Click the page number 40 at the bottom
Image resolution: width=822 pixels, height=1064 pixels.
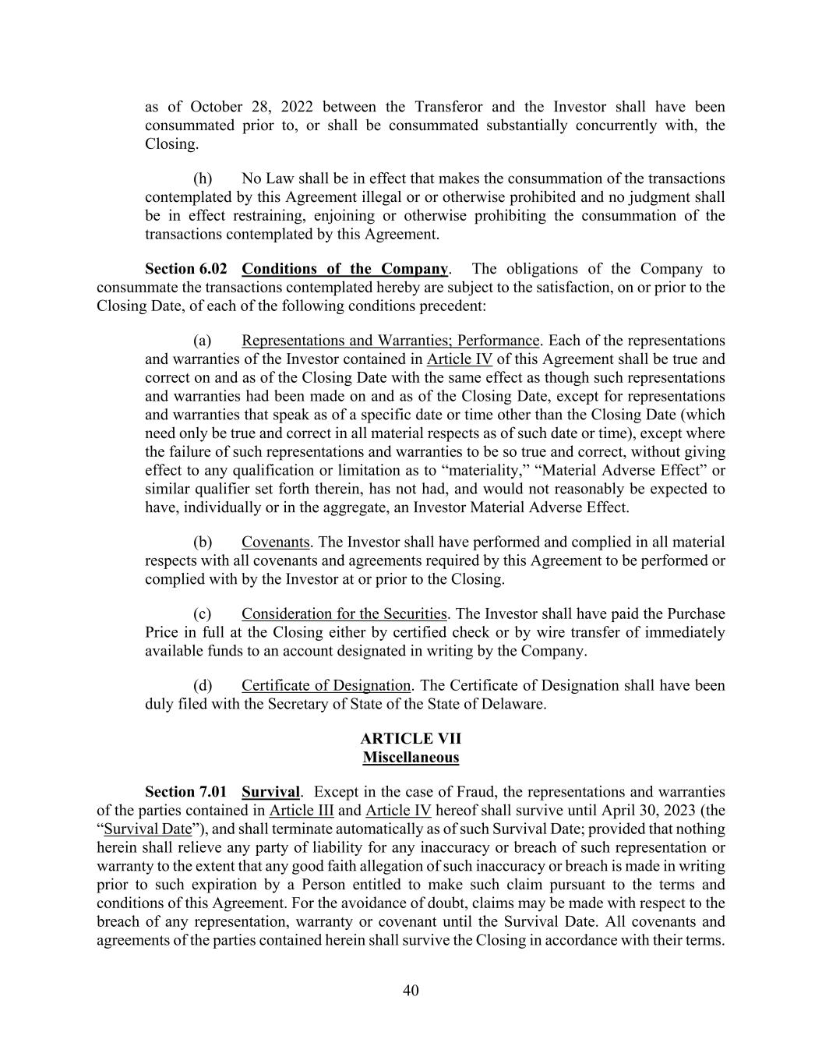(x=411, y=991)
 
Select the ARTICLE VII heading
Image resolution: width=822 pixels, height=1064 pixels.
(x=411, y=738)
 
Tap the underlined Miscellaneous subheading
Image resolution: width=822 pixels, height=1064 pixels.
(x=411, y=757)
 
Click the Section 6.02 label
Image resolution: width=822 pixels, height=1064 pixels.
(x=185, y=269)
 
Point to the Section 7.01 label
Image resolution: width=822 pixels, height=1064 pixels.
(x=185, y=792)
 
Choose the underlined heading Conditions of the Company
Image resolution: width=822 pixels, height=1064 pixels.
(x=344, y=269)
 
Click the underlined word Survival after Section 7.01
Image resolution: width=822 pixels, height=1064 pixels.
(x=270, y=792)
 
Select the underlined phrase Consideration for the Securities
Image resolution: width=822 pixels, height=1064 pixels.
(x=344, y=613)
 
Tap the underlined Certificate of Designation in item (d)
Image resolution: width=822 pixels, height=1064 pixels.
(x=326, y=685)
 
